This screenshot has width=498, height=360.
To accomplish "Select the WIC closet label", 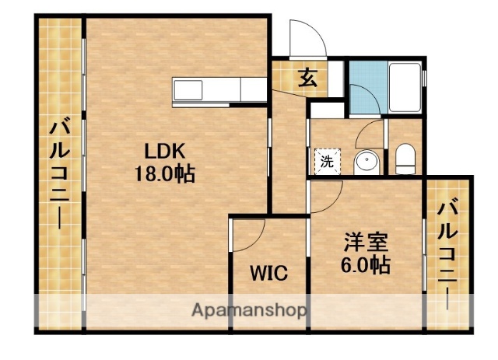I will point(269,273).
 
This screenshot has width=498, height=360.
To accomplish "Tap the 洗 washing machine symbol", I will point(327,162).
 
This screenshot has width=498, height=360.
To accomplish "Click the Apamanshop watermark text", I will point(249,311).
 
